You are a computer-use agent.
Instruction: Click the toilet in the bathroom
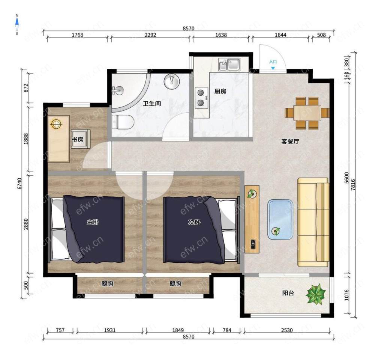[123, 122]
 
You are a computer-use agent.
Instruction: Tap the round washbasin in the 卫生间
[171, 81]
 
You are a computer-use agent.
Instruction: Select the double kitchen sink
[229, 65]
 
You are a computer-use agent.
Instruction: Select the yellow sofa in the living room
[313, 222]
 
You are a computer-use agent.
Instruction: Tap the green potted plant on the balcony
[316, 294]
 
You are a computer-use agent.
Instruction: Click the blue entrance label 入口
[273, 62]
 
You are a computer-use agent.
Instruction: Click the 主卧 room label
[93, 222]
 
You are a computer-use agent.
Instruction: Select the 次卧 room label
[194, 222]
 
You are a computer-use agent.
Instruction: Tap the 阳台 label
[288, 293]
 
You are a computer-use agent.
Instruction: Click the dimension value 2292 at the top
[150, 35]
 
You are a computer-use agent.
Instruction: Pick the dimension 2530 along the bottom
[287, 330]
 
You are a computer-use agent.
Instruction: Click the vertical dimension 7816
[353, 185]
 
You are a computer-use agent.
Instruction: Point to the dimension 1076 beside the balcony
[346, 295]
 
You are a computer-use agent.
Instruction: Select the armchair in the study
[81, 139]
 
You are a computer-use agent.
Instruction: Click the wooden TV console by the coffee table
[252, 219]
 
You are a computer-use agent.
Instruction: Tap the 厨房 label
[220, 91]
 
